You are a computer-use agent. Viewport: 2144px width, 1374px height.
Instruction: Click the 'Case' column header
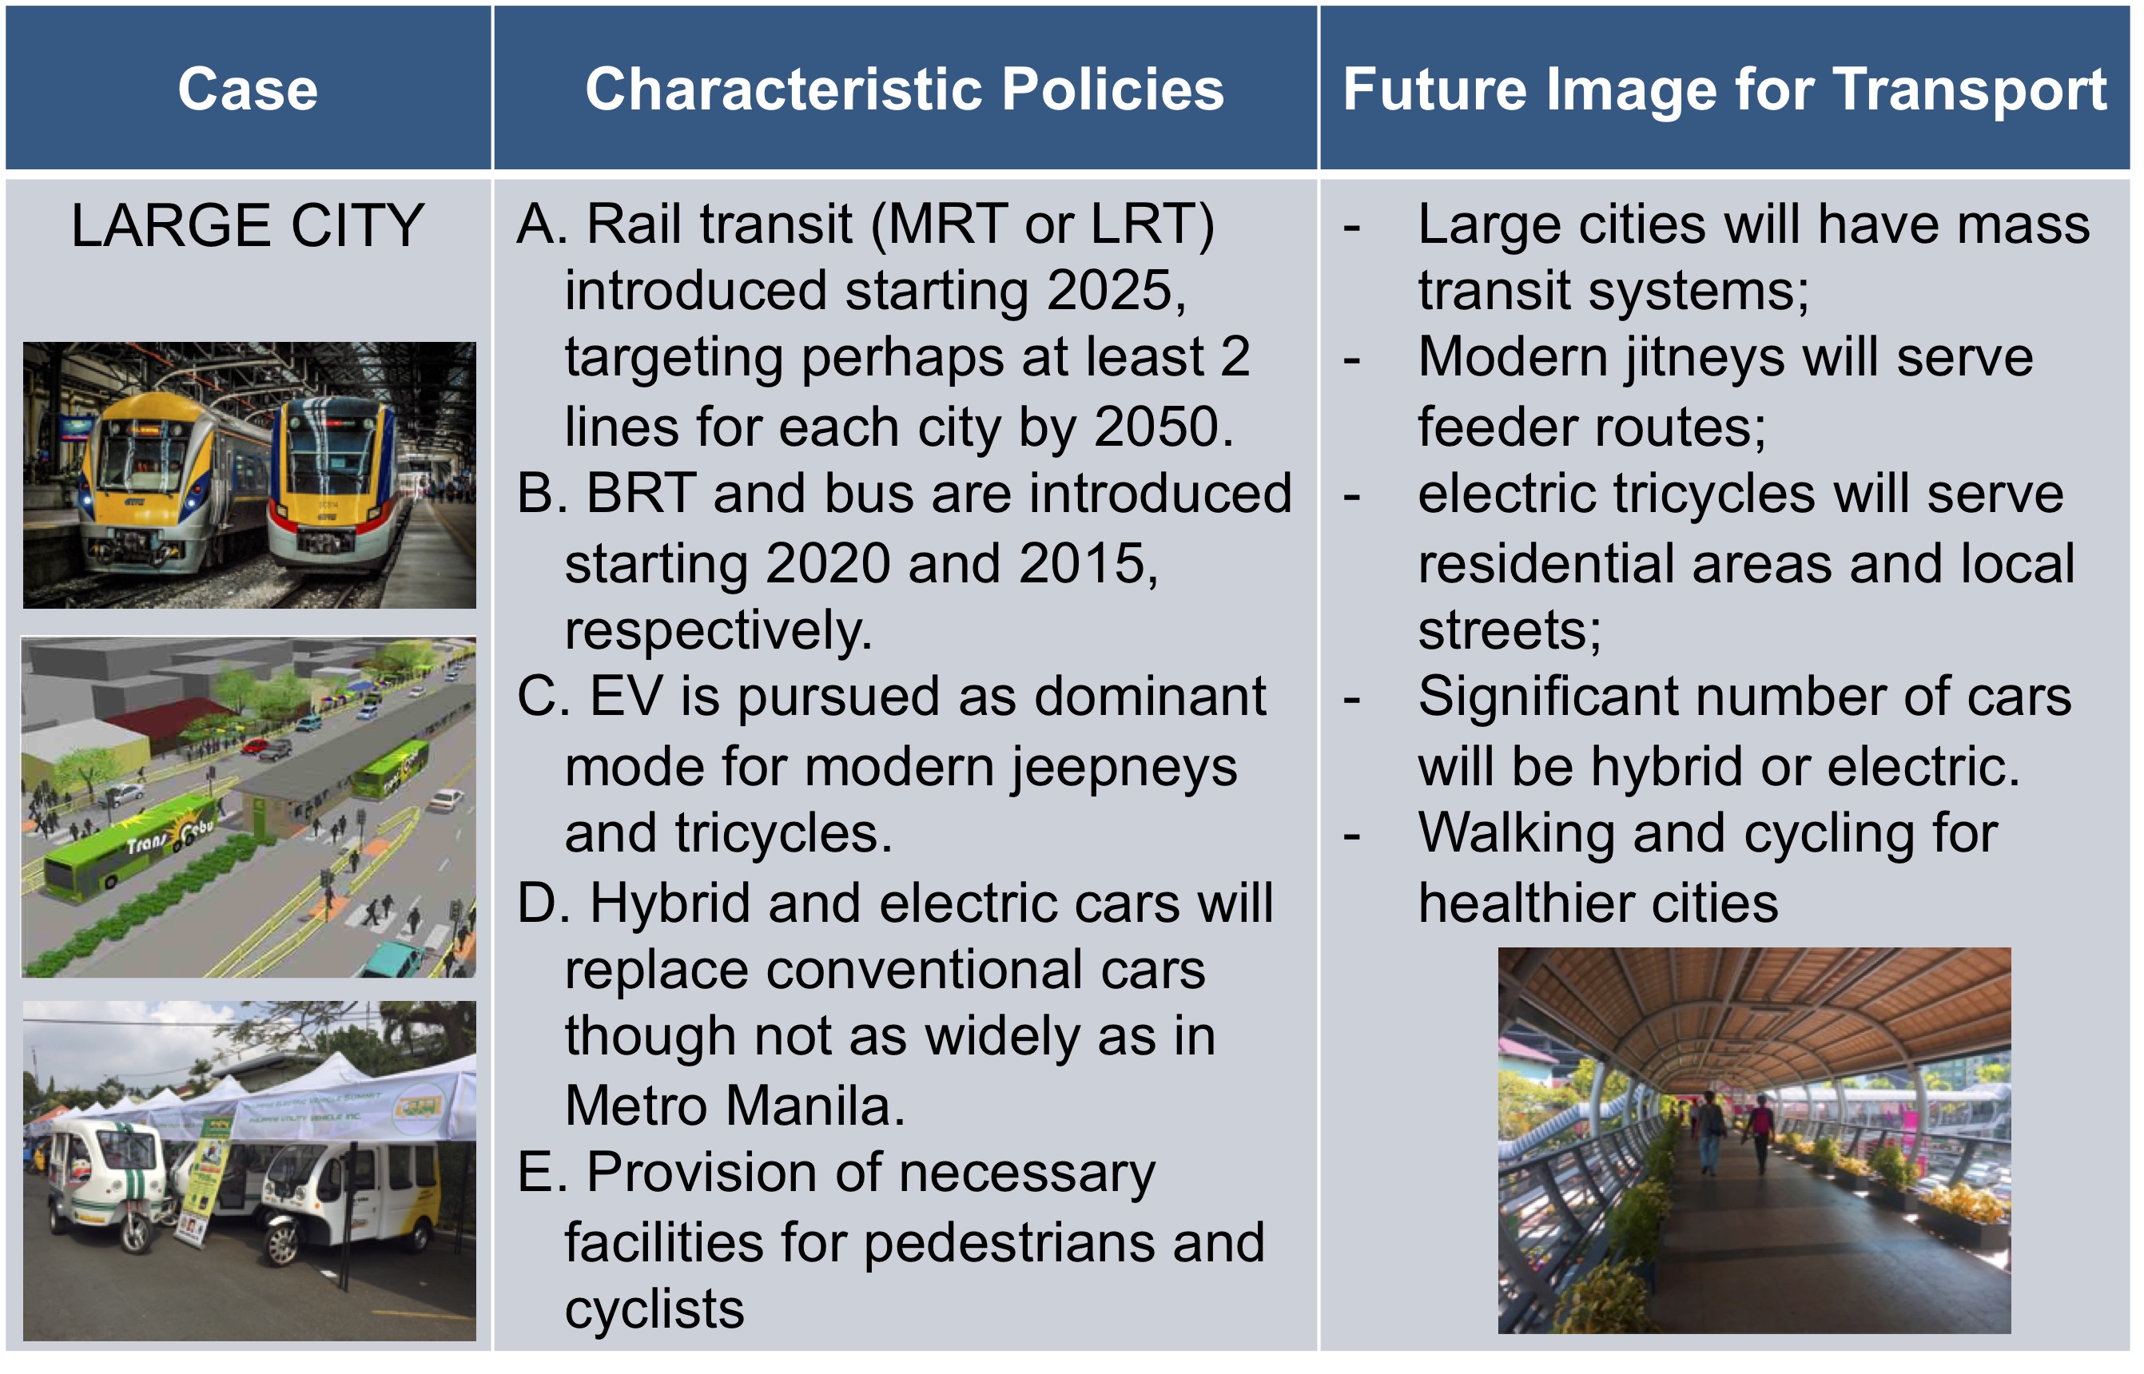[x=248, y=89]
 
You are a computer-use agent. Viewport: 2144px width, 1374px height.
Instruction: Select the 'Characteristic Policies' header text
[x=905, y=89]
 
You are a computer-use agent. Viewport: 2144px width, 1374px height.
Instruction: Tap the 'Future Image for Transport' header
[x=1724, y=90]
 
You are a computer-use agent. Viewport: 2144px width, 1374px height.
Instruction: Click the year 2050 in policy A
[x=1156, y=427]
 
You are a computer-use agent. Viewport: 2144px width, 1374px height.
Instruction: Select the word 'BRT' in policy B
[x=641, y=494]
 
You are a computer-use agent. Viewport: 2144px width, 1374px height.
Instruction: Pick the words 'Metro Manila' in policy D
[x=734, y=1106]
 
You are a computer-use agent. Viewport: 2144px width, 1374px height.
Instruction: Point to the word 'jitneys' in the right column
[x=1703, y=358]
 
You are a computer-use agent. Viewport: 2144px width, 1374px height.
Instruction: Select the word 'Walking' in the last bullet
[x=1518, y=834]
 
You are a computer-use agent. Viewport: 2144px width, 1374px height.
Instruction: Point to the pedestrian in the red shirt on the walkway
[x=1760, y=1132]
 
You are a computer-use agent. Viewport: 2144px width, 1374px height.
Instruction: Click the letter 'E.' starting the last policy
[x=543, y=1174]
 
